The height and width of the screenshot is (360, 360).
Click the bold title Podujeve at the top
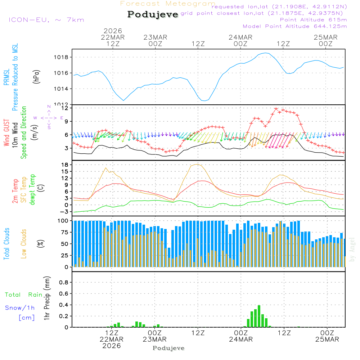(x=153, y=14)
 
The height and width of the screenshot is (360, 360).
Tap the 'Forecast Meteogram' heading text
(x=168, y=4)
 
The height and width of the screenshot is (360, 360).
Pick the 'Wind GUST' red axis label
(x=6, y=134)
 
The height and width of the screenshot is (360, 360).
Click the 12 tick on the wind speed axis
(x=65, y=108)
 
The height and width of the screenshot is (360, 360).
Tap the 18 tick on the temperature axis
(x=65, y=165)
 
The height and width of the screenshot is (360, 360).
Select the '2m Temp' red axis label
(x=15, y=191)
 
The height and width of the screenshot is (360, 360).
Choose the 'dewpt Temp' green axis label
(x=32, y=190)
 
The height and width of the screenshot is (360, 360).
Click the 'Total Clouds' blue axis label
(x=6, y=244)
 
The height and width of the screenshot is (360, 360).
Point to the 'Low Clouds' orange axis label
(x=24, y=244)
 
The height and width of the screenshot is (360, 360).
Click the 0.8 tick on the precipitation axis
(x=63, y=283)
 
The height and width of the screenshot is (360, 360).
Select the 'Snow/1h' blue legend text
(x=20, y=308)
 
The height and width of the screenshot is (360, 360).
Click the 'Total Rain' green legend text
(x=23, y=295)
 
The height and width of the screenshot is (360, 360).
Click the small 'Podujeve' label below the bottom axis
(x=168, y=348)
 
